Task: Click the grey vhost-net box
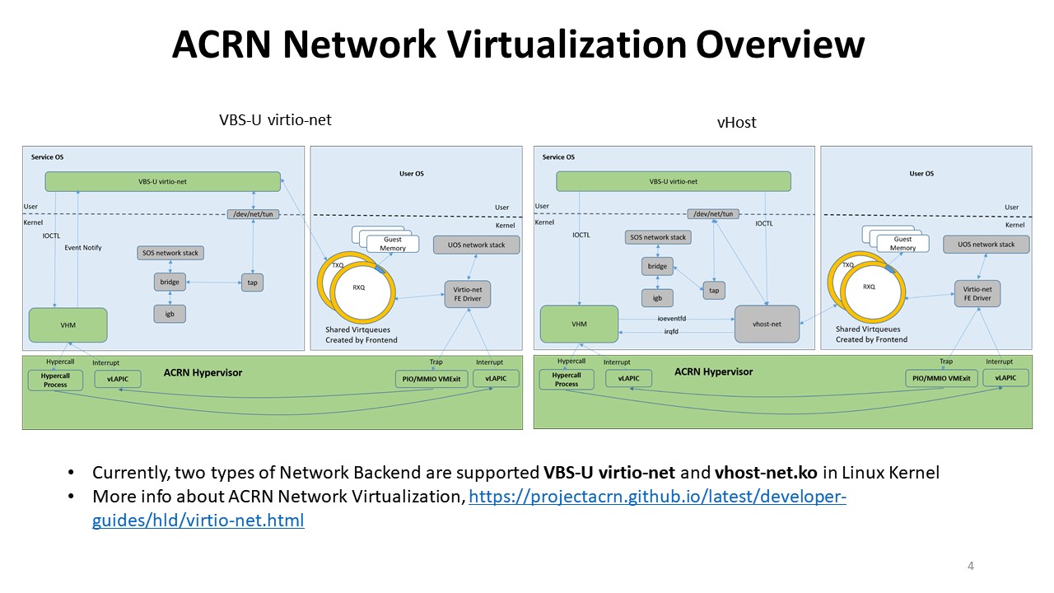(x=767, y=324)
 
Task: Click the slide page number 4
(x=971, y=566)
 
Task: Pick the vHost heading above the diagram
(x=736, y=123)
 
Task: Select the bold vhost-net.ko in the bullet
(x=756, y=473)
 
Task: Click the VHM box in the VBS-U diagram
(x=68, y=325)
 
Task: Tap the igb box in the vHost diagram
(x=657, y=298)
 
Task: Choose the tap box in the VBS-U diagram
(x=252, y=282)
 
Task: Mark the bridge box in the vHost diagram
(x=657, y=267)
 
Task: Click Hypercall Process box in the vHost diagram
(x=567, y=379)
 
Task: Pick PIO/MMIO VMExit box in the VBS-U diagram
(x=430, y=379)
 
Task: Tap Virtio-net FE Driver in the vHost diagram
(x=977, y=294)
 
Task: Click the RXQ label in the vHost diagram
(x=870, y=287)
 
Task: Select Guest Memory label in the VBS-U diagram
(x=393, y=244)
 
